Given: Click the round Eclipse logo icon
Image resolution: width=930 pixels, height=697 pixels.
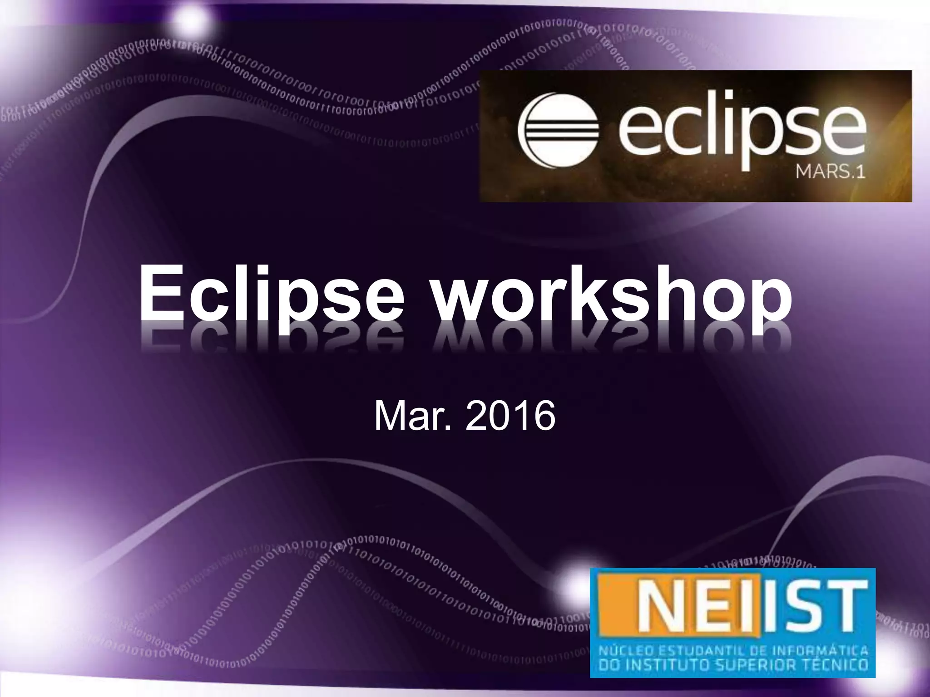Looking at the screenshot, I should tap(558, 128).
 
